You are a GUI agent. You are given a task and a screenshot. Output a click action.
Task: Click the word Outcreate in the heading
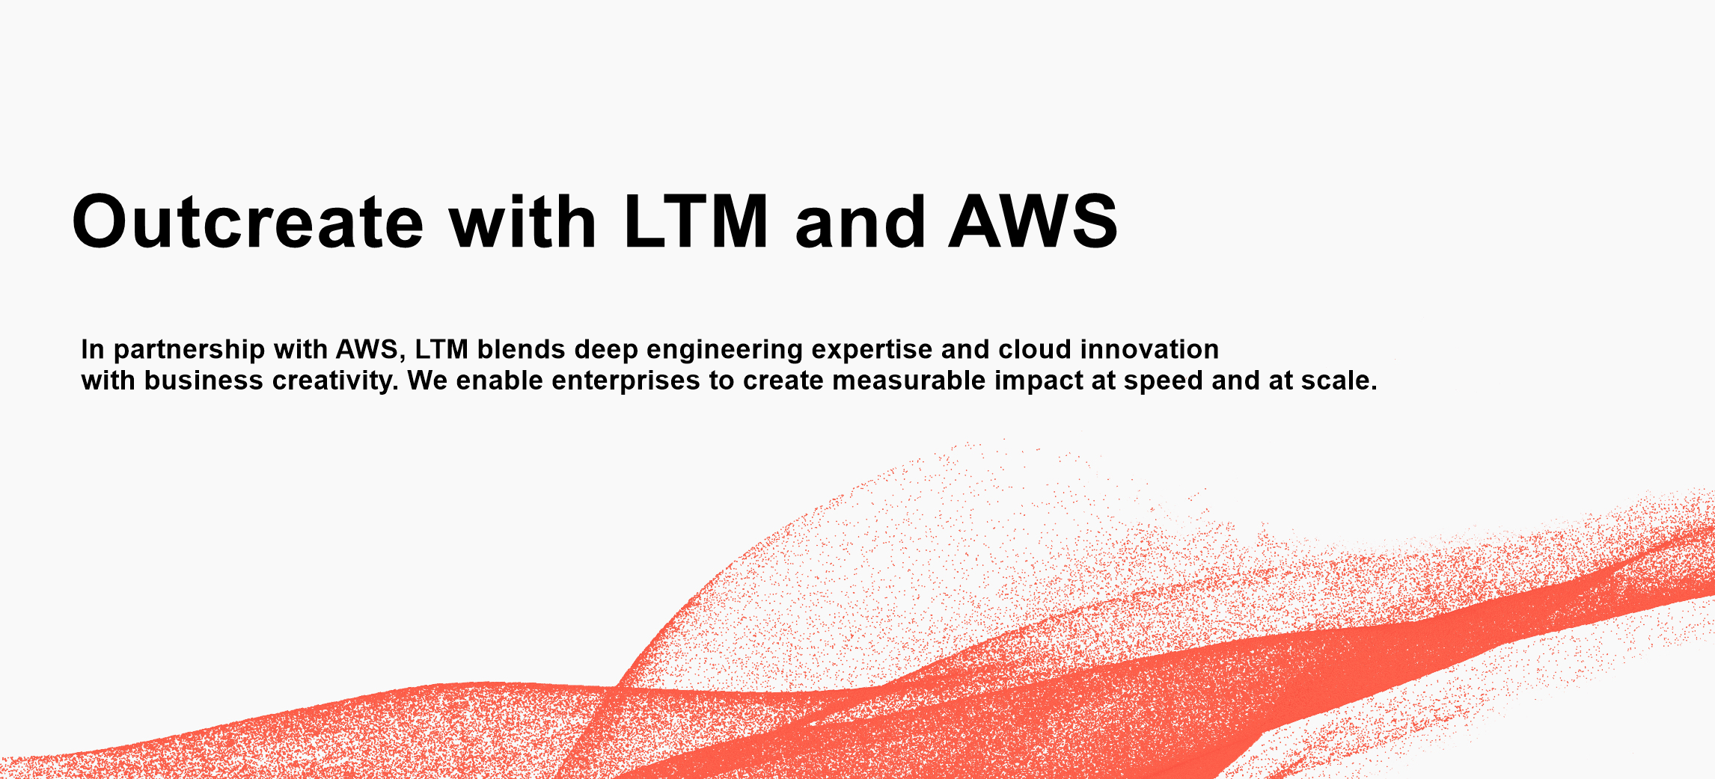(248, 221)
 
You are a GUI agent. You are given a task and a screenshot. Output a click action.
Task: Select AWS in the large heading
(1033, 221)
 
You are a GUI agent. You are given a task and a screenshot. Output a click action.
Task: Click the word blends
(521, 349)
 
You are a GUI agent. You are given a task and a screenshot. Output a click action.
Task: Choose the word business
(204, 381)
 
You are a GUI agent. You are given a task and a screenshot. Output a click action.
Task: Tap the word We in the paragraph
(427, 381)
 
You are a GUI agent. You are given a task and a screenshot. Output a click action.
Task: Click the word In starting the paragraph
(93, 349)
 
